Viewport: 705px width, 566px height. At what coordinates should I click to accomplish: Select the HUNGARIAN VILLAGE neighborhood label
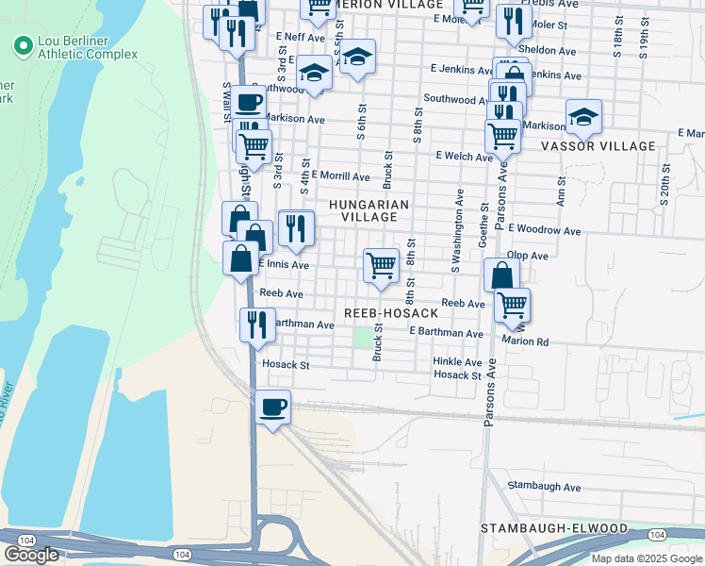coord(369,210)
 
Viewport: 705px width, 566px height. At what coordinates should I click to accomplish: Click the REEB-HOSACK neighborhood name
coord(391,313)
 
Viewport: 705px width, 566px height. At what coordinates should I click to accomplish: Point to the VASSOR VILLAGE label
coord(598,146)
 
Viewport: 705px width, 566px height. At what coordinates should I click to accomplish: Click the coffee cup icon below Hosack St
coord(272,408)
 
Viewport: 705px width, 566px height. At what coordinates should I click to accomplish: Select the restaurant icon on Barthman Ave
coord(257,325)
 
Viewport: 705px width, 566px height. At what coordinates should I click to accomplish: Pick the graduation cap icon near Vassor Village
coord(583,117)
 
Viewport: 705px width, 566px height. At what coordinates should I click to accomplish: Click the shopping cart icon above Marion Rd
coord(512,305)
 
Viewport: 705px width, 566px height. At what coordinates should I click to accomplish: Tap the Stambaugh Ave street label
coord(544,487)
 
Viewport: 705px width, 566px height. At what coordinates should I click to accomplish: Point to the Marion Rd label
coord(525,341)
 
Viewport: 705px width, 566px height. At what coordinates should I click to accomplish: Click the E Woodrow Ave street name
coord(544,229)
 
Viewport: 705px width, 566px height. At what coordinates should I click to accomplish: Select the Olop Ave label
coord(527,256)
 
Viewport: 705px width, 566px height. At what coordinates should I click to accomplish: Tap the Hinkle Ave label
coord(457,362)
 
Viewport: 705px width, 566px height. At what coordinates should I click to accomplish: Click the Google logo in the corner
coord(31,555)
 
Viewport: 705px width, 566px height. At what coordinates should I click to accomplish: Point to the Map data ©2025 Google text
coord(646,558)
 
